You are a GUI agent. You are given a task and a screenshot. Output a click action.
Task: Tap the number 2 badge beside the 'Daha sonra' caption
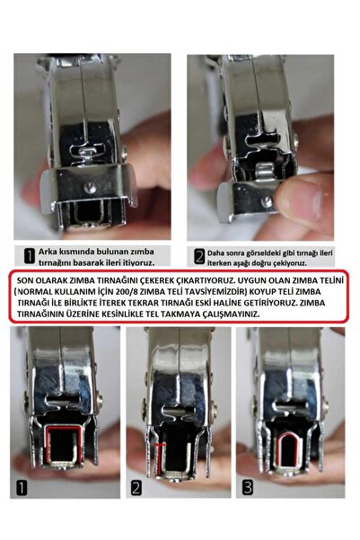click(x=198, y=255)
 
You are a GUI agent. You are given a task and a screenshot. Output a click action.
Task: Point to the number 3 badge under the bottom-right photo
click(x=248, y=490)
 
